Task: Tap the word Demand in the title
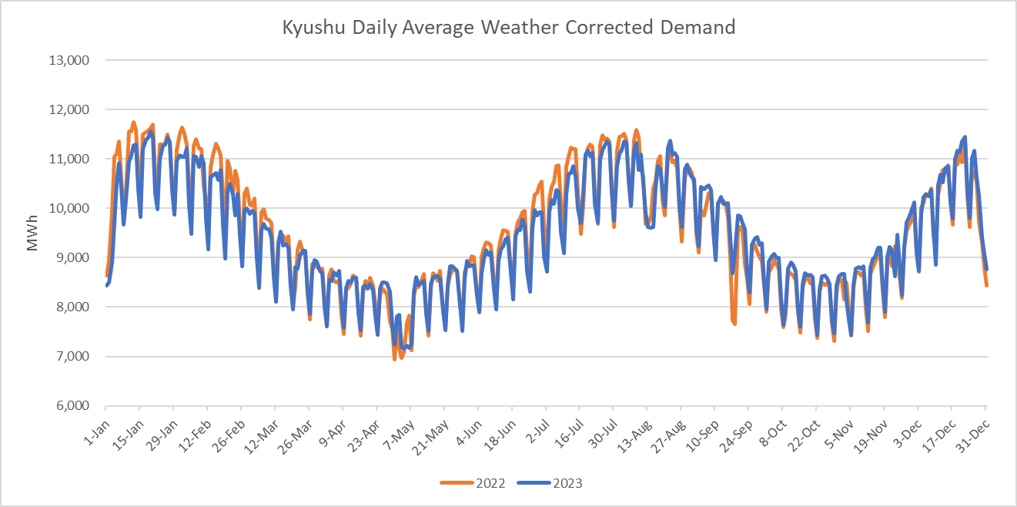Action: pyautogui.click(x=698, y=28)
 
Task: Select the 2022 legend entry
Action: pyautogui.click(x=473, y=483)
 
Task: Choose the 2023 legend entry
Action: pyautogui.click(x=550, y=483)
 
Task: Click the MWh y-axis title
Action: pyautogui.click(x=33, y=233)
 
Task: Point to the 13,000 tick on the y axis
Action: pyautogui.click(x=69, y=60)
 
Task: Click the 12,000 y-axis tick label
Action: pyautogui.click(x=69, y=109)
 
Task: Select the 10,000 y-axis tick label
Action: pyautogui.click(x=69, y=208)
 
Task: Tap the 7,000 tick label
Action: pyautogui.click(x=72, y=357)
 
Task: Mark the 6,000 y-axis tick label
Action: pyautogui.click(x=72, y=406)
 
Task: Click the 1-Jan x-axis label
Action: pyautogui.click(x=96, y=426)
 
